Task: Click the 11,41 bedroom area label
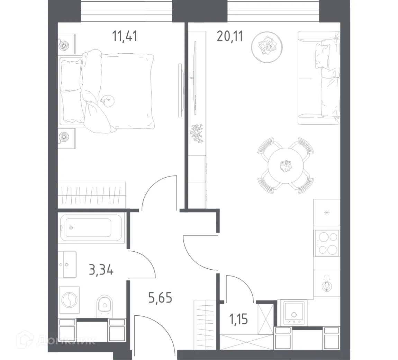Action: tap(125, 36)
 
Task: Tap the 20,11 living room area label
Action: tap(230, 36)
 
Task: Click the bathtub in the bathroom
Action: tap(91, 228)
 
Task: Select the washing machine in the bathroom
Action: tap(69, 300)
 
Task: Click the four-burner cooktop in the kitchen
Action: tap(327, 243)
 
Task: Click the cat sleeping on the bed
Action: tap(108, 100)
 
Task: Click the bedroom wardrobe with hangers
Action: tap(91, 196)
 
